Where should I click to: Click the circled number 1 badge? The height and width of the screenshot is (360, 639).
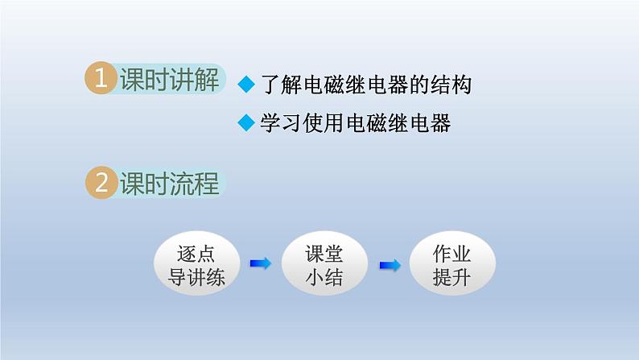[101, 79]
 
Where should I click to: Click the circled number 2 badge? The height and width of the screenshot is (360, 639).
[101, 183]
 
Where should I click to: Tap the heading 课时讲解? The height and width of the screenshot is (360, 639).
[169, 80]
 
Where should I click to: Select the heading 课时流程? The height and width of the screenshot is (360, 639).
[169, 184]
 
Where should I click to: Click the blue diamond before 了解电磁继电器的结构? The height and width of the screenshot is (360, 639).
[247, 85]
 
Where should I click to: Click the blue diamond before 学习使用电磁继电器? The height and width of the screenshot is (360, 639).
[247, 123]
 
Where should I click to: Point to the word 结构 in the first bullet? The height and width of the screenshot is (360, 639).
[451, 85]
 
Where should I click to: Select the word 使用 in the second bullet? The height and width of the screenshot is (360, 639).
[323, 123]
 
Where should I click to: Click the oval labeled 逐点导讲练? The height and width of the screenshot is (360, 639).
[195, 263]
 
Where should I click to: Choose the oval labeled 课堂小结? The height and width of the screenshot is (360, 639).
[324, 263]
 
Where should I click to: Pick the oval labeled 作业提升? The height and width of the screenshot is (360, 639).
[452, 263]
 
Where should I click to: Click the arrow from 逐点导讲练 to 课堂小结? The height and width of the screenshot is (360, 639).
[260, 263]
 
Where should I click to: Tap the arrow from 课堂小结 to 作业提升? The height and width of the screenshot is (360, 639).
[390, 263]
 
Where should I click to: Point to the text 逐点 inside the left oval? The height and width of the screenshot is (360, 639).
[195, 253]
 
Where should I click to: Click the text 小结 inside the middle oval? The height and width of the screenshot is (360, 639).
[324, 276]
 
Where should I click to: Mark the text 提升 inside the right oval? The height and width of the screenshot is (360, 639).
[452, 276]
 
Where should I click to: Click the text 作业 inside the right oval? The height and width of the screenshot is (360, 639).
[452, 253]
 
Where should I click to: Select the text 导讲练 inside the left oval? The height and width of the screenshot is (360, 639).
[195, 276]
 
